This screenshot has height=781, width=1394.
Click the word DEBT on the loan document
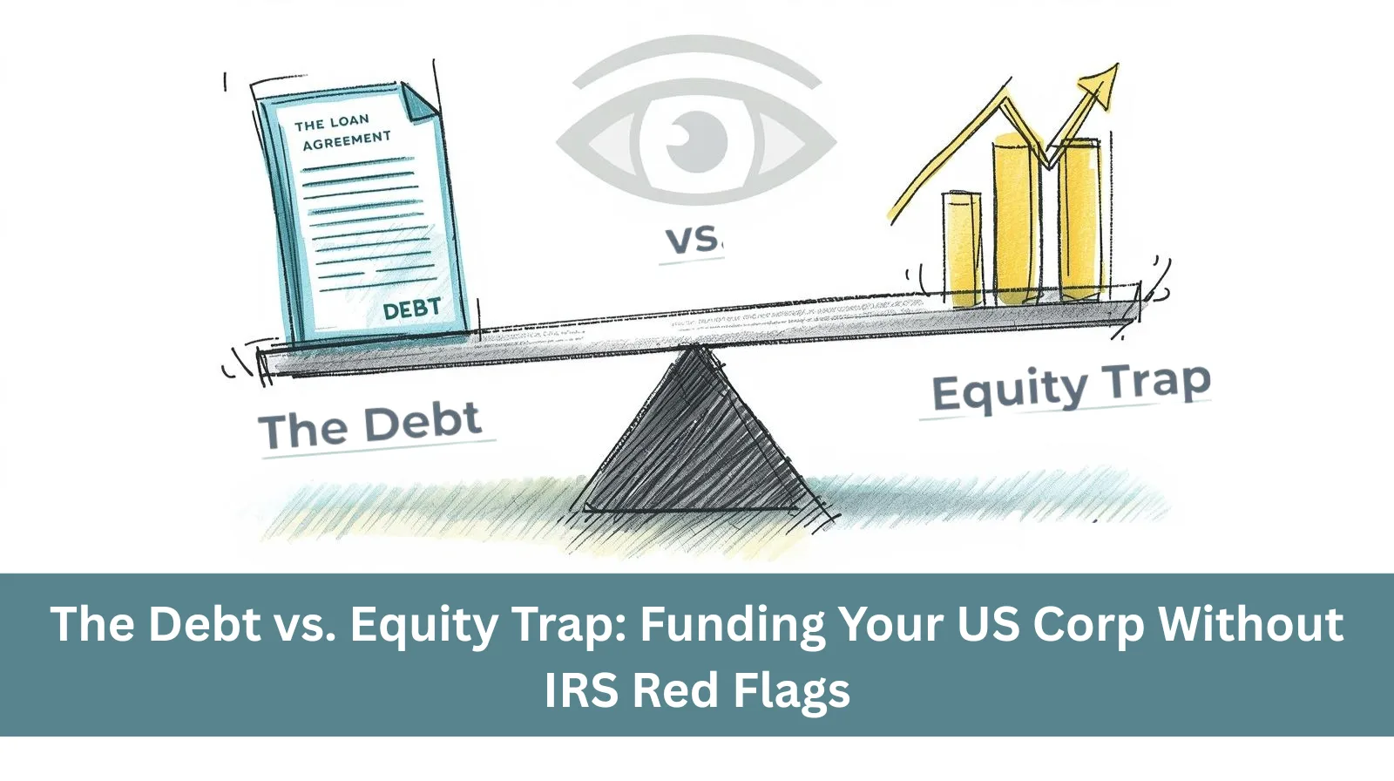pos(411,309)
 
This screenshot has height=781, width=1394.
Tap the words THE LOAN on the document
pos(332,123)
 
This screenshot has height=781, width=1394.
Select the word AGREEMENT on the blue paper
pos(347,140)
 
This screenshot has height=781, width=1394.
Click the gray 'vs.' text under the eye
pos(692,240)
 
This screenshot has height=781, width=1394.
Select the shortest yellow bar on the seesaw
pos(962,248)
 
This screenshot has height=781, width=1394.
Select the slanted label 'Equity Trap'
pos(1071,387)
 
